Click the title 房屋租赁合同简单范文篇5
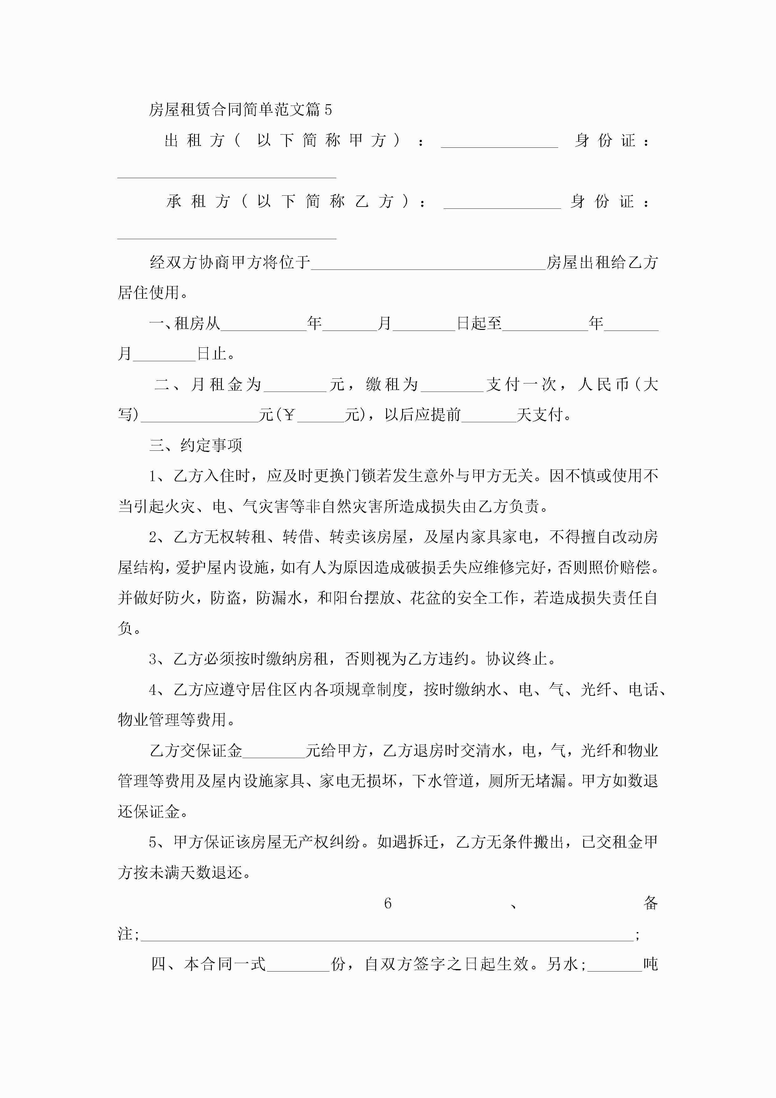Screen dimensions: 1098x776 pyautogui.click(x=240, y=110)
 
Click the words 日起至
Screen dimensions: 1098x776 pyautogui.click(x=479, y=324)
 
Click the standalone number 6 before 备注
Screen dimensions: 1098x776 pyautogui.click(x=388, y=903)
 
